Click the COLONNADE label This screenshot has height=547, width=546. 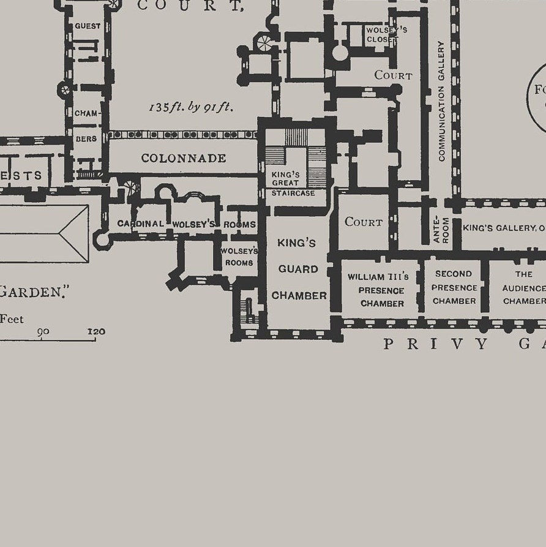(x=184, y=158)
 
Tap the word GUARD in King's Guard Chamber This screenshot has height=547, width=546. (x=298, y=269)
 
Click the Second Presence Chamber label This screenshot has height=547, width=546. (x=454, y=287)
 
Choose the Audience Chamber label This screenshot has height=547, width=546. (x=523, y=287)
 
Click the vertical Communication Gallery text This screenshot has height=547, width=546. (x=441, y=101)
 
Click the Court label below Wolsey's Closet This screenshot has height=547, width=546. (x=393, y=75)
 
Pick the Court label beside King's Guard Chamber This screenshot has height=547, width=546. (x=364, y=222)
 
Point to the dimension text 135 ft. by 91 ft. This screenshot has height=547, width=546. (x=191, y=107)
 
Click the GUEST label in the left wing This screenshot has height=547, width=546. (x=88, y=26)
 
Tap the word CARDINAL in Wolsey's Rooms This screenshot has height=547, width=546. (x=141, y=224)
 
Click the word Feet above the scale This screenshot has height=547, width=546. (x=11, y=319)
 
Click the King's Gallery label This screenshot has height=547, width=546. (x=502, y=228)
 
